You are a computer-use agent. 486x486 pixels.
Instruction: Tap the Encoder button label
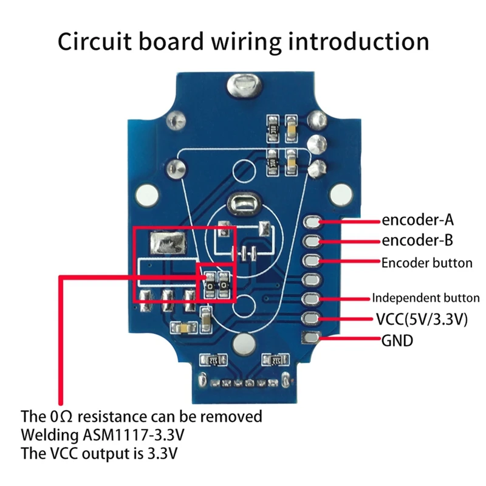click(x=426, y=263)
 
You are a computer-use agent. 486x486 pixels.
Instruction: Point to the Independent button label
click(x=426, y=298)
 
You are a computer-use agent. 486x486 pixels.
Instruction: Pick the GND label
click(x=397, y=341)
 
